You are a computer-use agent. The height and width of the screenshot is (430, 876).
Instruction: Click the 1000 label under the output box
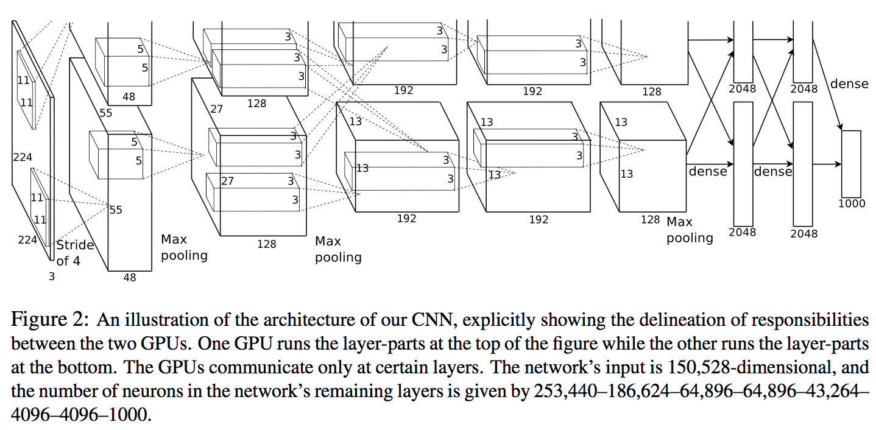852,203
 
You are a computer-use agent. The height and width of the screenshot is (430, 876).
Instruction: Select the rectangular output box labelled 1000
851,164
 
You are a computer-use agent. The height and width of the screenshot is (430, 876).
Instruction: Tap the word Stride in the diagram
75,245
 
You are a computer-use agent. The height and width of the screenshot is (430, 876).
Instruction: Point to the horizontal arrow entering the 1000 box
827,164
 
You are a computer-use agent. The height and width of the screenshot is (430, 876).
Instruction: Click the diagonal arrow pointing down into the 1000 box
827,85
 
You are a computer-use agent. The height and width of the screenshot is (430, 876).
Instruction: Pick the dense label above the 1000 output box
849,84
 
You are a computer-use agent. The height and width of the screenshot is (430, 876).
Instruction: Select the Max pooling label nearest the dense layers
690,230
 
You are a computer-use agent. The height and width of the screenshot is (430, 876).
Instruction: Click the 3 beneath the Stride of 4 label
52,277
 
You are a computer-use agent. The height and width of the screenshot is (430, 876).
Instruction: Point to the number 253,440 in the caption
565,391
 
